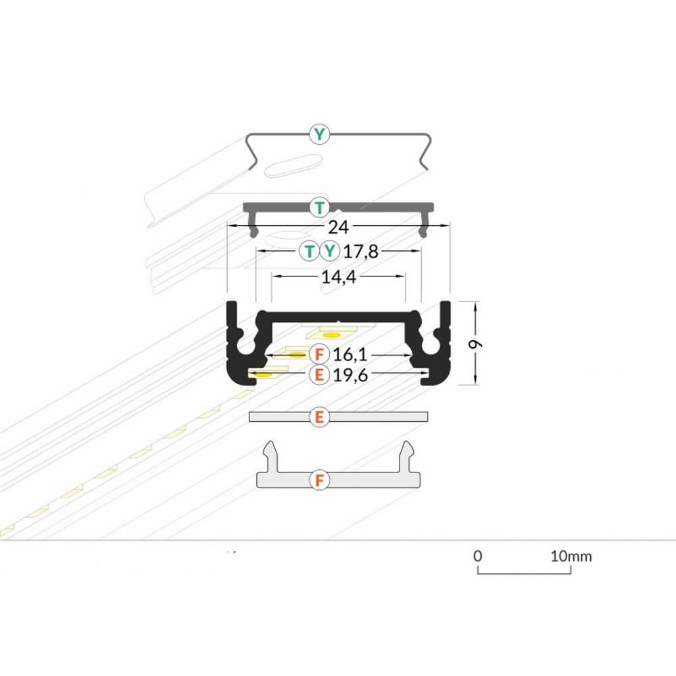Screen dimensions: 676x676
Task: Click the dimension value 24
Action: (338, 226)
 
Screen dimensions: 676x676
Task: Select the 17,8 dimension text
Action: (361, 251)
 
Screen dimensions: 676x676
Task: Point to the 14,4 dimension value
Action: (339, 276)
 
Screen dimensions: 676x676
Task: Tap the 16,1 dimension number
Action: (350, 355)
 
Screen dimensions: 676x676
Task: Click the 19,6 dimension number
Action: (350, 375)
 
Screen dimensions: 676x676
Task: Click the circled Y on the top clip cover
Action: (319, 135)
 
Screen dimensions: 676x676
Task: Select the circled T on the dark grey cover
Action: (320, 208)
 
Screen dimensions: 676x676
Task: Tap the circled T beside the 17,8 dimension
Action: (309, 251)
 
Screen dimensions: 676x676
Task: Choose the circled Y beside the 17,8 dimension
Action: (329, 251)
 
